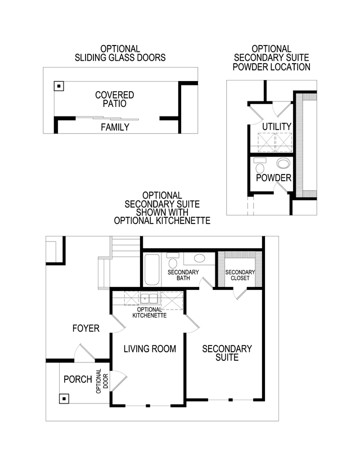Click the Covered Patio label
(115, 99)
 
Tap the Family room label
(115, 127)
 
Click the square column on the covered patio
(59, 86)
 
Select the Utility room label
(277, 126)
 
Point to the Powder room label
(273, 178)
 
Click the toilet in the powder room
(260, 165)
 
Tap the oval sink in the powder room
(283, 163)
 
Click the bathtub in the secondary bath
(152, 270)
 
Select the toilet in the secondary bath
(173, 261)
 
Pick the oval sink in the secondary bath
(200, 258)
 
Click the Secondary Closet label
(240, 275)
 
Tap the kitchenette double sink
(149, 298)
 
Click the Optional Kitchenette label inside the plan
(150, 312)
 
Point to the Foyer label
(86, 329)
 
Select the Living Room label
(150, 348)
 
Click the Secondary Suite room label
(227, 353)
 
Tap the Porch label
(78, 379)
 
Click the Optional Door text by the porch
(102, 382)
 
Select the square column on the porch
(64, 398)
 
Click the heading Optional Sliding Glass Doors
(120, 53)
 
